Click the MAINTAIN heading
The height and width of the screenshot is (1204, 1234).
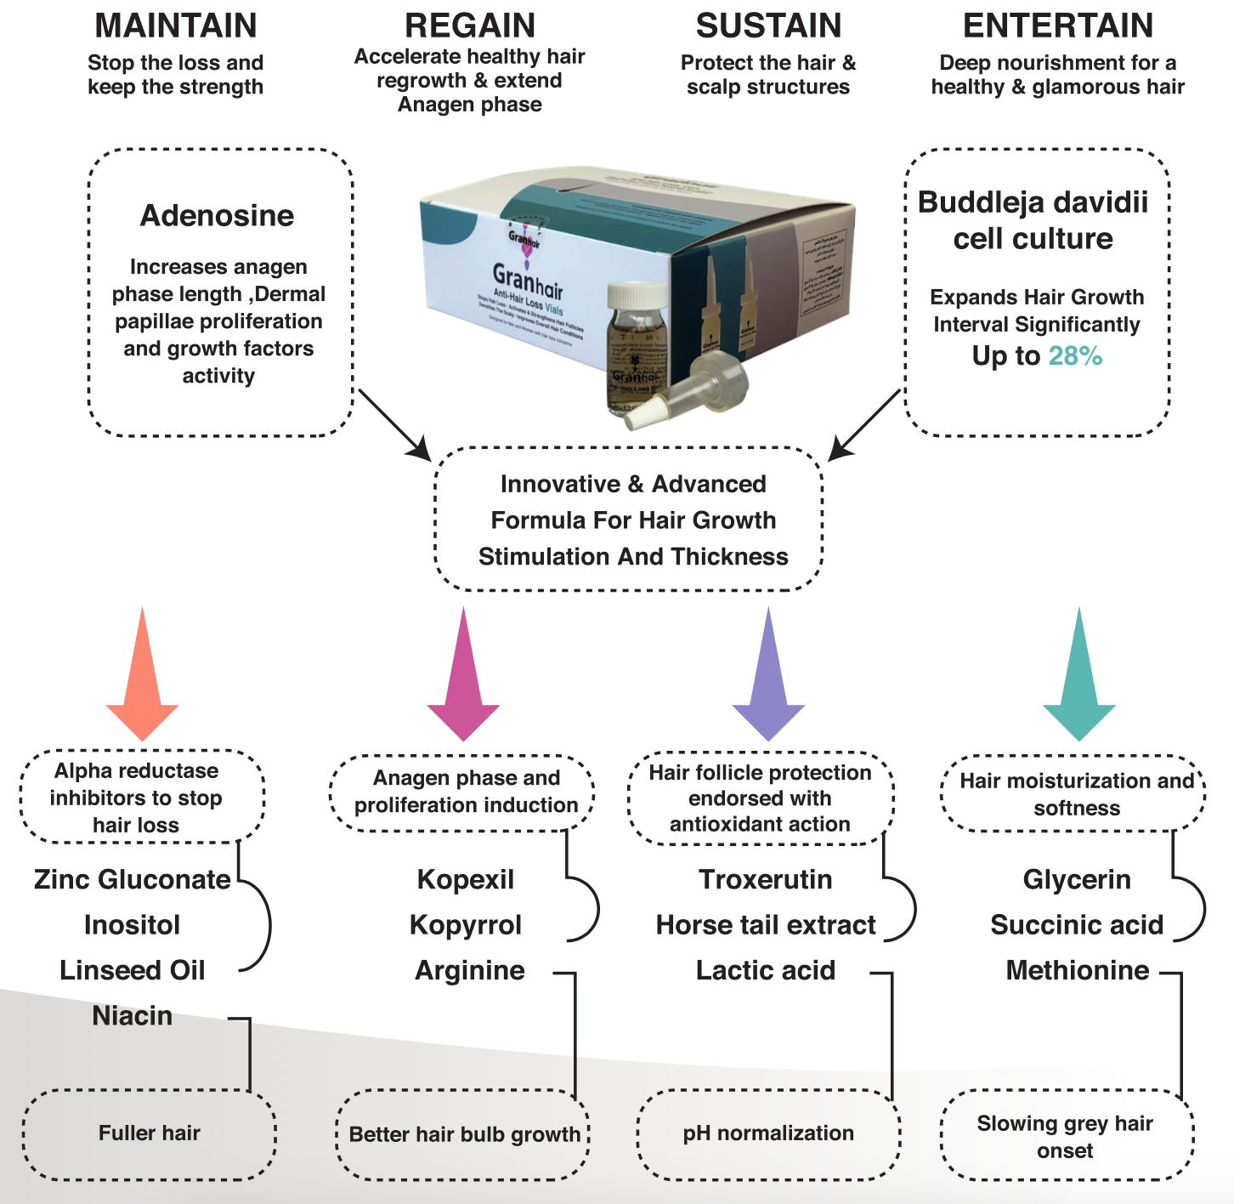176,26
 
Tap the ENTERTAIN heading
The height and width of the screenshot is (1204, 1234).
1058,26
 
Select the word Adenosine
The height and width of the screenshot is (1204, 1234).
218,216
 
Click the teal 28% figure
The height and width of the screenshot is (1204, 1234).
1075,356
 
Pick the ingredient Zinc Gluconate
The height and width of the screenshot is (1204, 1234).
133,879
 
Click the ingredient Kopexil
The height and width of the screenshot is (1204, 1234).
466,879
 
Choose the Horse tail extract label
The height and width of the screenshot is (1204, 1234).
766,925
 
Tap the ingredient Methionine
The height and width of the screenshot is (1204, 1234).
1078,970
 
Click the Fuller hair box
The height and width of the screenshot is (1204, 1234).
150,1133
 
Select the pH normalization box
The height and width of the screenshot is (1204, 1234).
768,1133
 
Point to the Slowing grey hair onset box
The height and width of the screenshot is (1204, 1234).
1065,1137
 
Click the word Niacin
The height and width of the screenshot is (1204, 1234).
133,1016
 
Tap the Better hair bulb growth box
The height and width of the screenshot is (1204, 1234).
464,1134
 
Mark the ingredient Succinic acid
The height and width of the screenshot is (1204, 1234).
1077,925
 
